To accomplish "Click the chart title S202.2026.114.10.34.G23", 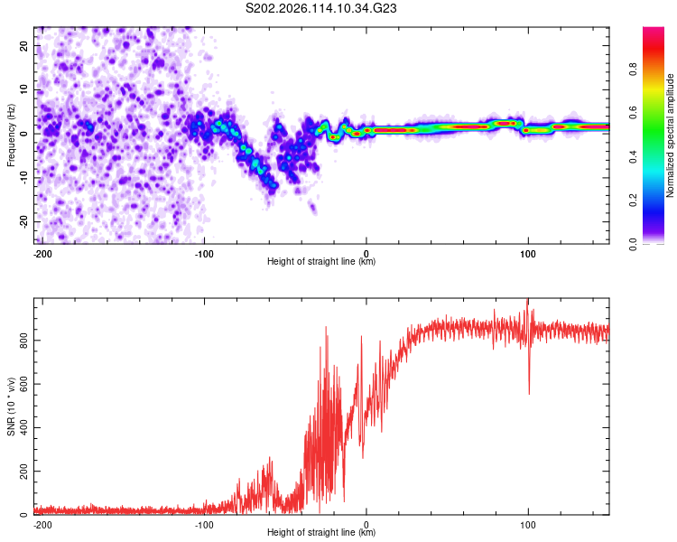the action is (320, 8).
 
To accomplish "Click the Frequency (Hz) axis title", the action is (11, 135).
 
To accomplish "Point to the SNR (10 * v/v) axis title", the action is (11, 406).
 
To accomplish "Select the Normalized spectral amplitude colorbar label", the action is (670, 135).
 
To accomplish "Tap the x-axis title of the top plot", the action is (321, 261).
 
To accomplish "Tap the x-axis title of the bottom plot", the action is (321, 532).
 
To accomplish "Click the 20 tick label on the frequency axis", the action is (24, 46).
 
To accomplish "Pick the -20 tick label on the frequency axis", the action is (24, 221).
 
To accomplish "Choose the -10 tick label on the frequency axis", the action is (24, 178).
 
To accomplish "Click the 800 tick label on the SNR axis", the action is (24, 341).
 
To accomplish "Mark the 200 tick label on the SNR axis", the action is (24, 472).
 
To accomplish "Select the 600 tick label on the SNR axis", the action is (24, 384).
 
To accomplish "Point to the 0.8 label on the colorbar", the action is (633, 70).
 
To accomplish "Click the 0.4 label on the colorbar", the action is (633, 157).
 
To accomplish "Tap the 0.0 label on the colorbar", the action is (633, 244).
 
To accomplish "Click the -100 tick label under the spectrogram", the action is (204, 254).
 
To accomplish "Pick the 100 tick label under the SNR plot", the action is (528, 525).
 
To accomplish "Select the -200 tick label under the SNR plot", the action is (42, 525).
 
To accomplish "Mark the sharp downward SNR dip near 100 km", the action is (529, 393).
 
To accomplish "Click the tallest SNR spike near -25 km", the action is (326, 327).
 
